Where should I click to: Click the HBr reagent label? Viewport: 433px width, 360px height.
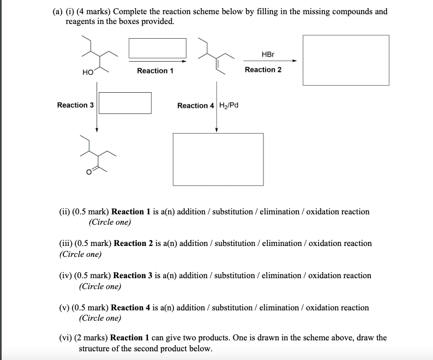pyautogui.click(x=268, y=55)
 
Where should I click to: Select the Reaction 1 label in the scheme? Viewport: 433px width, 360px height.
pyautogui.click(x=155, y=71)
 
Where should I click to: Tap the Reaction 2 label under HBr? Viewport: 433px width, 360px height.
pyautogui.click(x=263, y=70)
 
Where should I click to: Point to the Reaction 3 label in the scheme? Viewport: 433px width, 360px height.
pyautogui.click(x=75, y=105)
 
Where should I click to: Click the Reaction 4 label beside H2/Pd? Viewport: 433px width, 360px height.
pyautogui.click(x=196, y=105)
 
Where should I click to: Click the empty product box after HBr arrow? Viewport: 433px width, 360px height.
pyautogui.click(x=346, y=60)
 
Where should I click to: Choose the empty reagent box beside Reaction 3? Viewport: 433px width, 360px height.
pyautogui.click(x=125, y=103)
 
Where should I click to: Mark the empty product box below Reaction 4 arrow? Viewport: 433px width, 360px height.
pyautogui.click(x=218, y=159)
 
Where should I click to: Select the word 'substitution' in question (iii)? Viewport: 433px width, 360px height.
pyautogui.click(x=236, y=243)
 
